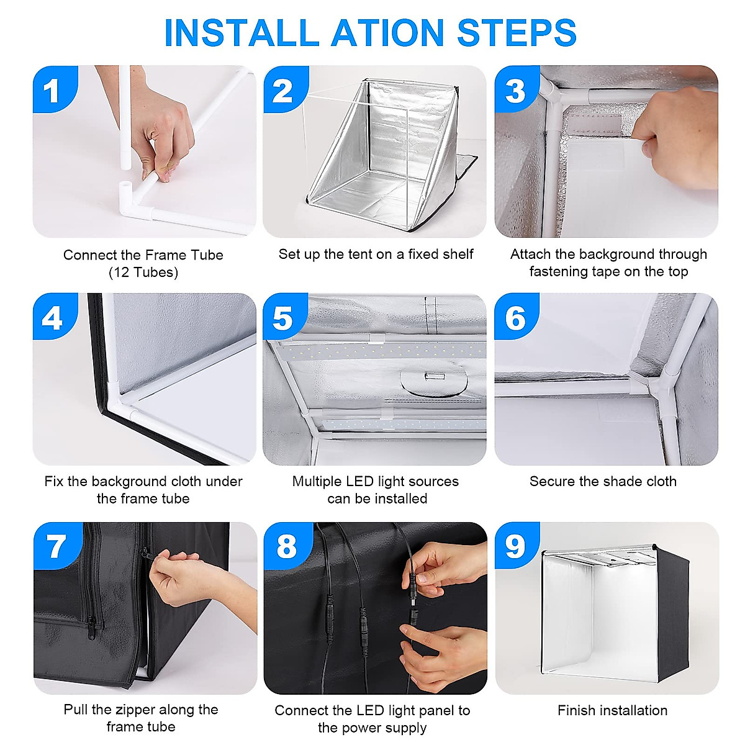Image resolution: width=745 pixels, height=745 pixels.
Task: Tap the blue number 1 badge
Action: (55, 89)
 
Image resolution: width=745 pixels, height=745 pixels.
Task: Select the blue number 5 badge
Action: (285, 316)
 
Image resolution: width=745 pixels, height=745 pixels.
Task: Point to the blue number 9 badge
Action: (517, 546)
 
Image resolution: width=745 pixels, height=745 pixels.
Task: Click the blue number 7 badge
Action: (57, 546)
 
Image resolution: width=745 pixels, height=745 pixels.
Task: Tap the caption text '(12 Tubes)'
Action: (143, 273)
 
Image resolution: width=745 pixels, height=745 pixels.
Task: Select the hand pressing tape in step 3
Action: (675, 125)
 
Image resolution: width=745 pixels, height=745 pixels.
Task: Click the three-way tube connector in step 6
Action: (662, 387)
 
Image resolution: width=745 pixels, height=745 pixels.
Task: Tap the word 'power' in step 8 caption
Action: (351, 728)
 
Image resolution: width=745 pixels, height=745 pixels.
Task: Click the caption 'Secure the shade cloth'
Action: (603, 481)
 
